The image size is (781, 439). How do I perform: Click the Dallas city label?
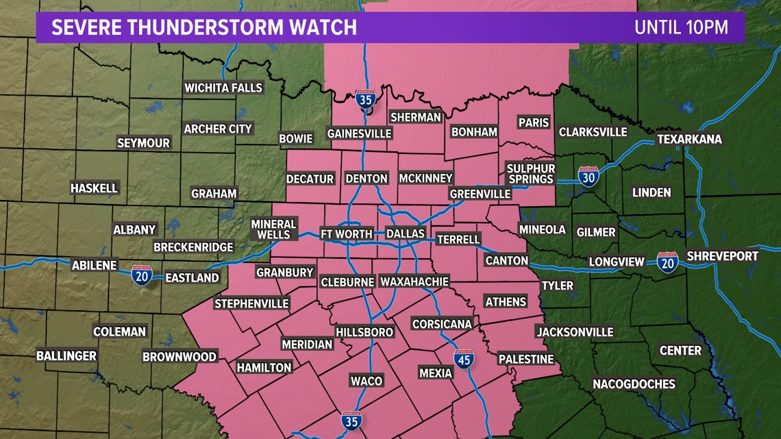(406, 234)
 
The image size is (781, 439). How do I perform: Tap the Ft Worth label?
(347, 234)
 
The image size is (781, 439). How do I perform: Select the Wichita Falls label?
(223, 88)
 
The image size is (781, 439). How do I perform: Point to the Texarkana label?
(689, 139)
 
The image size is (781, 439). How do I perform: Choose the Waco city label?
(367, 381)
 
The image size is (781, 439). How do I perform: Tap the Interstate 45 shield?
(464, 359)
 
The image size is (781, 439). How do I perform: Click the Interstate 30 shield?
(588, 177)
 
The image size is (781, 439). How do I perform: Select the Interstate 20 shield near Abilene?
(142, 275)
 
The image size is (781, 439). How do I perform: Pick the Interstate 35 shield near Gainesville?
(366, 100)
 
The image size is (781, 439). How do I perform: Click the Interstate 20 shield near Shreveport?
(667, 262)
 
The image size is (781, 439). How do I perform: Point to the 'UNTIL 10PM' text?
(680, 27)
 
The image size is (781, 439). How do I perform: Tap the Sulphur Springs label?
(530, 174)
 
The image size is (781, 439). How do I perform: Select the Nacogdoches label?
(634, 384)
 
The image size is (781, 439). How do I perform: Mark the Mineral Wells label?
(273, 229)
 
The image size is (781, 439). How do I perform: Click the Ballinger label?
(66, 355)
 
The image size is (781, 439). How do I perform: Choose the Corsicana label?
(442, 324)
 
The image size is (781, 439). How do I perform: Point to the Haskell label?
(95, 188)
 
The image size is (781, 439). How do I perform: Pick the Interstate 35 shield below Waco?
(351, 421)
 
